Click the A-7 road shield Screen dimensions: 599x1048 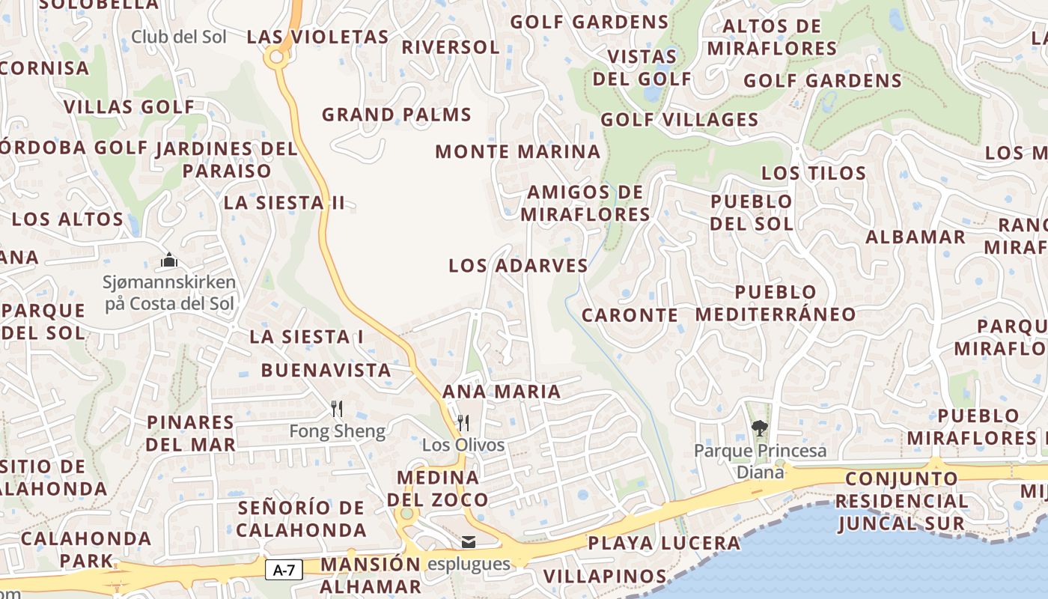284,570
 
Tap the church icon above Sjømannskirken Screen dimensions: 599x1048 169,261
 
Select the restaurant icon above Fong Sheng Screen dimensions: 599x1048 337,409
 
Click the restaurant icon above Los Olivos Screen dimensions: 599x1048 463,423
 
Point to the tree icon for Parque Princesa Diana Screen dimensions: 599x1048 760,428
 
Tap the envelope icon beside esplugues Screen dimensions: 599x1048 468,542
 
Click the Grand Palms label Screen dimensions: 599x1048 397,115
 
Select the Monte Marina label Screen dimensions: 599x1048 518,151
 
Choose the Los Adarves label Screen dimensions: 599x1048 518,265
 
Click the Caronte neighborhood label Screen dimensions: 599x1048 630,315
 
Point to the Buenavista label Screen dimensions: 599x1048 326,370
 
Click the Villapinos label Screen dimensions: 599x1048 605,576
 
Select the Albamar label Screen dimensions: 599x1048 916,237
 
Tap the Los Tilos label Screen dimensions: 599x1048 814,173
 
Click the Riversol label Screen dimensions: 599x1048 451,47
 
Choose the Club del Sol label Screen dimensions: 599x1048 179,36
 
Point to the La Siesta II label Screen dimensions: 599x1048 284,202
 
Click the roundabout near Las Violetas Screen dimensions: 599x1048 277,55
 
